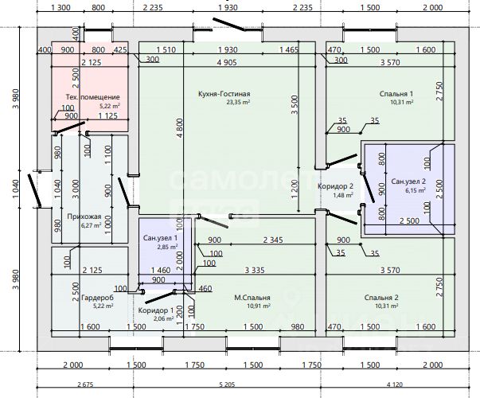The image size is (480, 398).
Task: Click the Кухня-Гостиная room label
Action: pos(230,93)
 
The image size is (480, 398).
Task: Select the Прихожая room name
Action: pos(84,216)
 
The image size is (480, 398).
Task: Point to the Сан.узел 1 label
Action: pos(160,238)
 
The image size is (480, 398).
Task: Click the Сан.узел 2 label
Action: pos(409,181)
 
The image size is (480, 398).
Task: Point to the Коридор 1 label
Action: pos(156,310)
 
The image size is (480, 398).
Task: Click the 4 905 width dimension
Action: pos(231,62)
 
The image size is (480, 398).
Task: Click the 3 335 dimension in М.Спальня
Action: pos(256,271)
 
